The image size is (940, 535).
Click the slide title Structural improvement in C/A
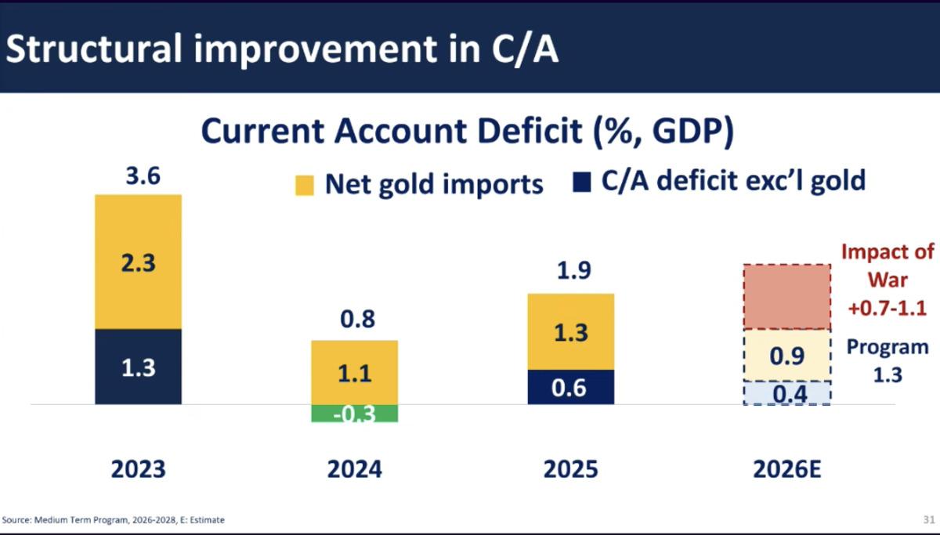pyautogui.click(x=282, y=49)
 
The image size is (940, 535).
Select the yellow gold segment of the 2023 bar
pyautogui.click(x=139, y=262)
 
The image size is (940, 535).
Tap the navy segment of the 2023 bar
pyautogui.click(x=139, y=367)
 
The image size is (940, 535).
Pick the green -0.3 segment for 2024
pyautogui.click(x=354, y=413)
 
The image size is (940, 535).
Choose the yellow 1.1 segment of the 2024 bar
pyautogui.click(x=354, y=373)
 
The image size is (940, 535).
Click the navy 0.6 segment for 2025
pyautogui.click(x=570, y=387)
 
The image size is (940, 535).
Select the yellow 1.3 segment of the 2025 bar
pyautogui.click(x=570, y=332)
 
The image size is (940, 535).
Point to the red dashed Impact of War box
pyautogui.click(x=786, y=297)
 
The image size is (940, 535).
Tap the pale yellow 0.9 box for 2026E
pyautogui.click(x=786, y=356)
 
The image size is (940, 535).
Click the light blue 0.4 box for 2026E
pyautogui.click(x=786, y=393)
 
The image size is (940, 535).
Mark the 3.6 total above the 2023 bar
pyautogui.click(x=143, y=175)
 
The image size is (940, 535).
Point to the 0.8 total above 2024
pyautogui.click(x=357, y=320)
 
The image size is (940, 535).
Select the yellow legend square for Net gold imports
pyautogui.click(x=305, y=185)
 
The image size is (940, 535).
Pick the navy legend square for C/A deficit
pyautogui.click(x=581, y=183)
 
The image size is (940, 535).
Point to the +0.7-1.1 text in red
pyautogui.click(x=888, y=308)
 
